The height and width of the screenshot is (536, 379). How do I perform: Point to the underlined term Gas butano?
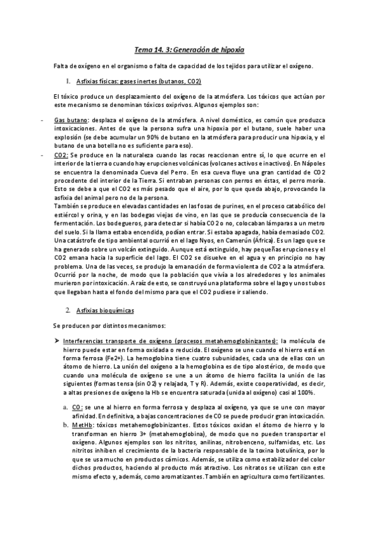[71, 120]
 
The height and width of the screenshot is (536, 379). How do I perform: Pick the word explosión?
[69, 137]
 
